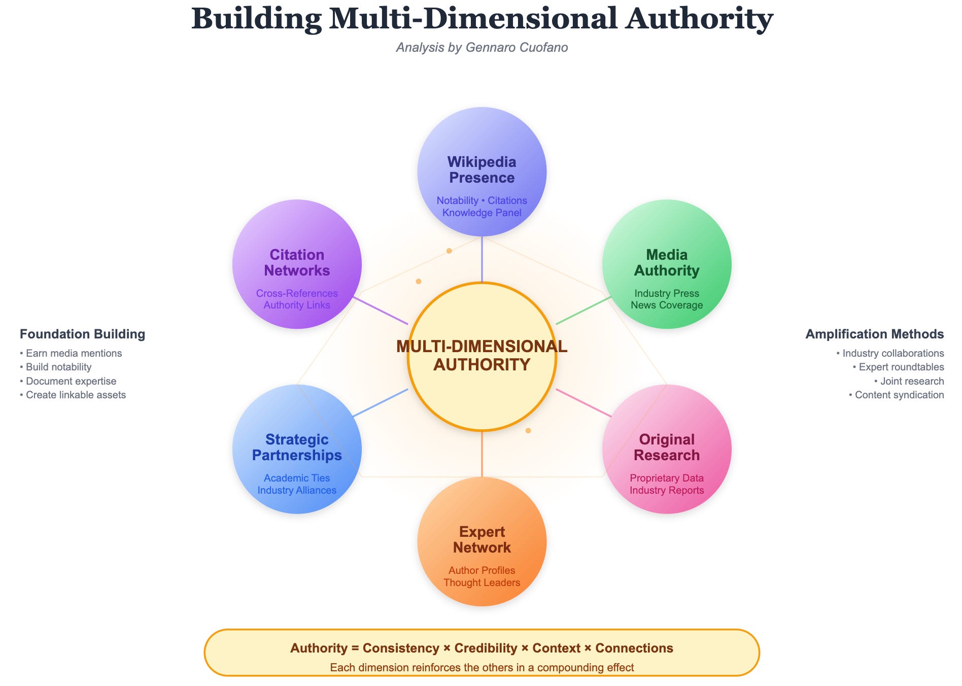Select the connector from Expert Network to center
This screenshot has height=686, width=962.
[482, 454]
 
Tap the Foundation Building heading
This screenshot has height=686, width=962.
[82, 334]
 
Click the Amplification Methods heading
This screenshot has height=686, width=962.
[874, 334]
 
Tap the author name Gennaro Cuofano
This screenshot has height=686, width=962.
[517, 47]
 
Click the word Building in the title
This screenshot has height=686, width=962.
[256, 19]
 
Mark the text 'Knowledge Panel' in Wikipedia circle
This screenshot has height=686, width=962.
[482, 213]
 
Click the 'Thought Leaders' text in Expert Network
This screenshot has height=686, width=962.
[482, 582]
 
